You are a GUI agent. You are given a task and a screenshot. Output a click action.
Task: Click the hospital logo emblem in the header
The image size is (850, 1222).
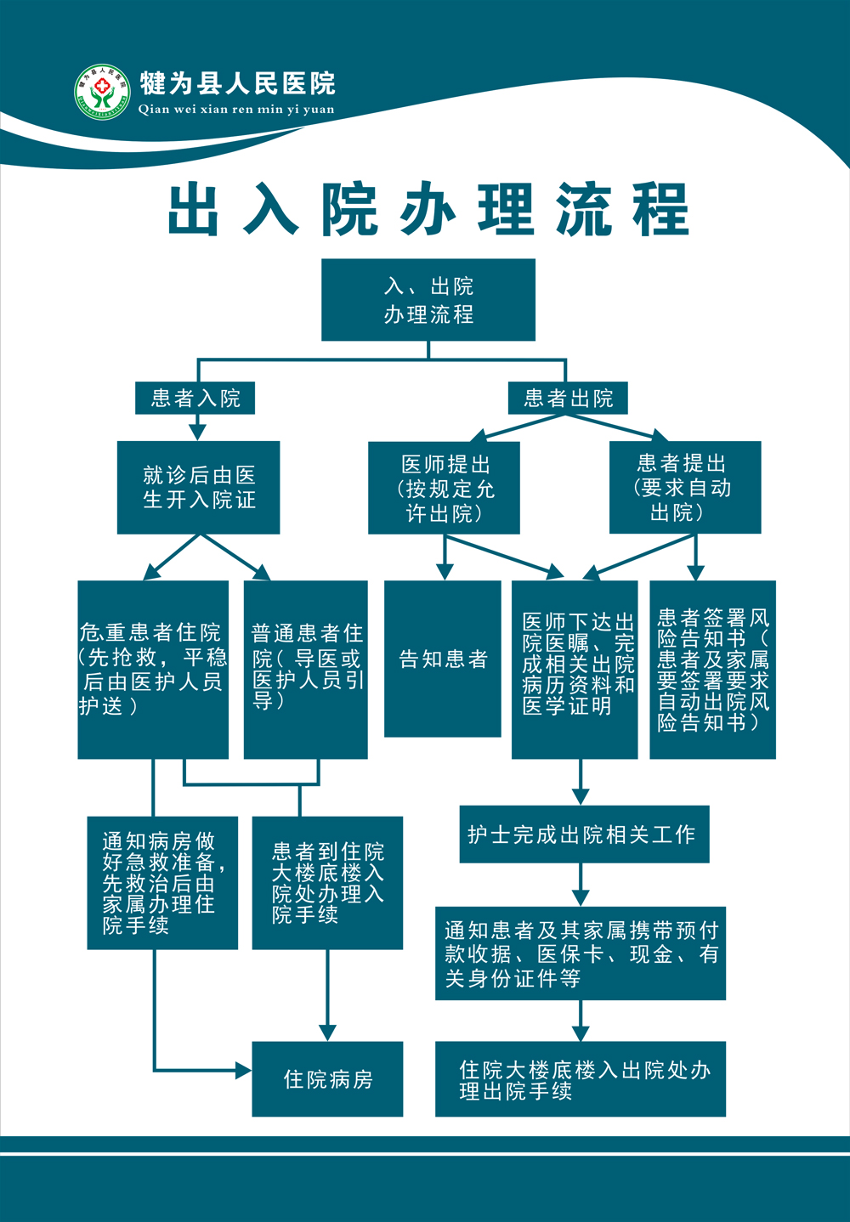point(102,92)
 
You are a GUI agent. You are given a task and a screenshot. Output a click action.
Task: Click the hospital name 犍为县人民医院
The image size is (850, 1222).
point(237,83)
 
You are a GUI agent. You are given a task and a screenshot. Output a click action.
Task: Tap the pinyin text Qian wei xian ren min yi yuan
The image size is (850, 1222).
point(236,110)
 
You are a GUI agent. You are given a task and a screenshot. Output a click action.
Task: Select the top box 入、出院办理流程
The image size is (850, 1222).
point(428,300)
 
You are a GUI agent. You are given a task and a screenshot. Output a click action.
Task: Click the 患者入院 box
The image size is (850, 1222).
point(195,398)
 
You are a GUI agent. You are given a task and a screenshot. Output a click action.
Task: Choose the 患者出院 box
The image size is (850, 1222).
point(568,398)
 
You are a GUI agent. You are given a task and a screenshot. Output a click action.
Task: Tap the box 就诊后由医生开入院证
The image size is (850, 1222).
point(198,487)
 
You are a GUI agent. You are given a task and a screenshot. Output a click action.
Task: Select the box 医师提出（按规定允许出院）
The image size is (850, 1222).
point(444,488)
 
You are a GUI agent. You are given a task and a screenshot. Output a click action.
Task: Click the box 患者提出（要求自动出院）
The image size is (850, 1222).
point(685,487)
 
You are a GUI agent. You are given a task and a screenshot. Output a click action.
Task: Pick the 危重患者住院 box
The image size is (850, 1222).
point(153,669)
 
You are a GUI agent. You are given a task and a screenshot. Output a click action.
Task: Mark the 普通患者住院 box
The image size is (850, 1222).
point(306,669)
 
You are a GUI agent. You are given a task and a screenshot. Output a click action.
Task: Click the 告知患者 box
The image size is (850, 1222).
point(443,659)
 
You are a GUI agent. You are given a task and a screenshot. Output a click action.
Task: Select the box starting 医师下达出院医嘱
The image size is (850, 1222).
point(575,669)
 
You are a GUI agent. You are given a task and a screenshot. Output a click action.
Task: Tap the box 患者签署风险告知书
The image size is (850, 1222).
point(712,669)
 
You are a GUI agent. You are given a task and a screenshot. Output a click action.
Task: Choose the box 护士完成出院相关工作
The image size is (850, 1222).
point(584,834)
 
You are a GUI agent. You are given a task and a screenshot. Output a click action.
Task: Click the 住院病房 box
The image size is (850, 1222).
point(327,1078)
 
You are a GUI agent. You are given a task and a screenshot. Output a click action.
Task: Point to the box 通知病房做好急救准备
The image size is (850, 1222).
point(162,883)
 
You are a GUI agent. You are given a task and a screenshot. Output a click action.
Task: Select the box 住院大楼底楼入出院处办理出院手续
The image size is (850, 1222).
point(581,1078)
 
